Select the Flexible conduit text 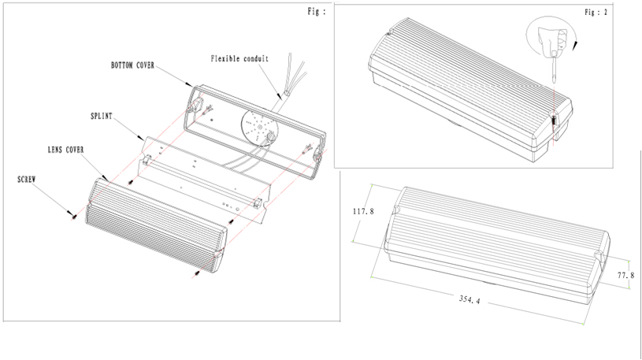(x=239, y=58)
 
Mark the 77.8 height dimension (x=626, y=275)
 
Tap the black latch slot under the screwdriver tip (x=554, y=122)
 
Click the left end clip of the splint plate (x=147, y=162)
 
